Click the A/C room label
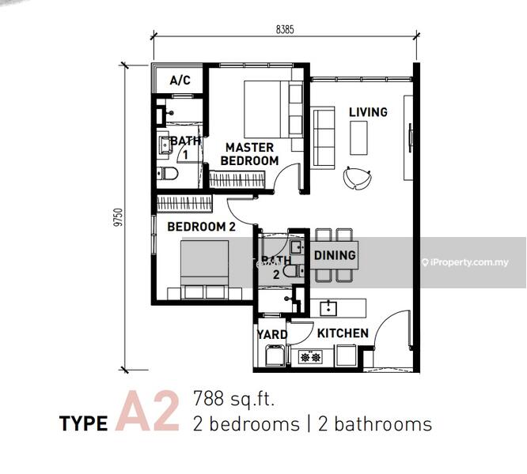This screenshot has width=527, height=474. tap(180, 80)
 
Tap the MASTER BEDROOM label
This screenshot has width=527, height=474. tap(249, 154)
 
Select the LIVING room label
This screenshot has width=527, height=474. tap(368, 112)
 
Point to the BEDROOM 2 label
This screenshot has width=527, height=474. tap(201, 227)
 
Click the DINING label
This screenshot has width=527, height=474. tap(335, 255)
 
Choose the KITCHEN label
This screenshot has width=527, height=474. tap(343, 333)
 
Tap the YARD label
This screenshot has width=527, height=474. tap(272, 334)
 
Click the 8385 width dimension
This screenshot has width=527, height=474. tap(285, 29)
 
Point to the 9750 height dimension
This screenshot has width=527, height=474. tap(119, 217)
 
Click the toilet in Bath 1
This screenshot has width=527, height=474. tap(168, 174)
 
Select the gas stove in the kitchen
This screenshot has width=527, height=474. tap(310, 357)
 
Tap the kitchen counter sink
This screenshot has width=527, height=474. tap(328, 308)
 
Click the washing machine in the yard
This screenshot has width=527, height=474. tap(275, 355)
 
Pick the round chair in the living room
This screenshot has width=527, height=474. tap(357, 177)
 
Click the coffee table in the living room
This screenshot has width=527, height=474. tap(358, 138)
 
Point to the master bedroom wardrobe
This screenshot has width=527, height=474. tap(237, 179)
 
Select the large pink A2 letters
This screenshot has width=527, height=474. tap(147, 411)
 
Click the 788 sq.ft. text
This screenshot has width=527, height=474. tap(234, 399)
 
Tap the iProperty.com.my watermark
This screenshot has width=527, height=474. tap(465, 262)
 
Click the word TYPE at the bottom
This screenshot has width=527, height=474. tap(84, 423)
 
